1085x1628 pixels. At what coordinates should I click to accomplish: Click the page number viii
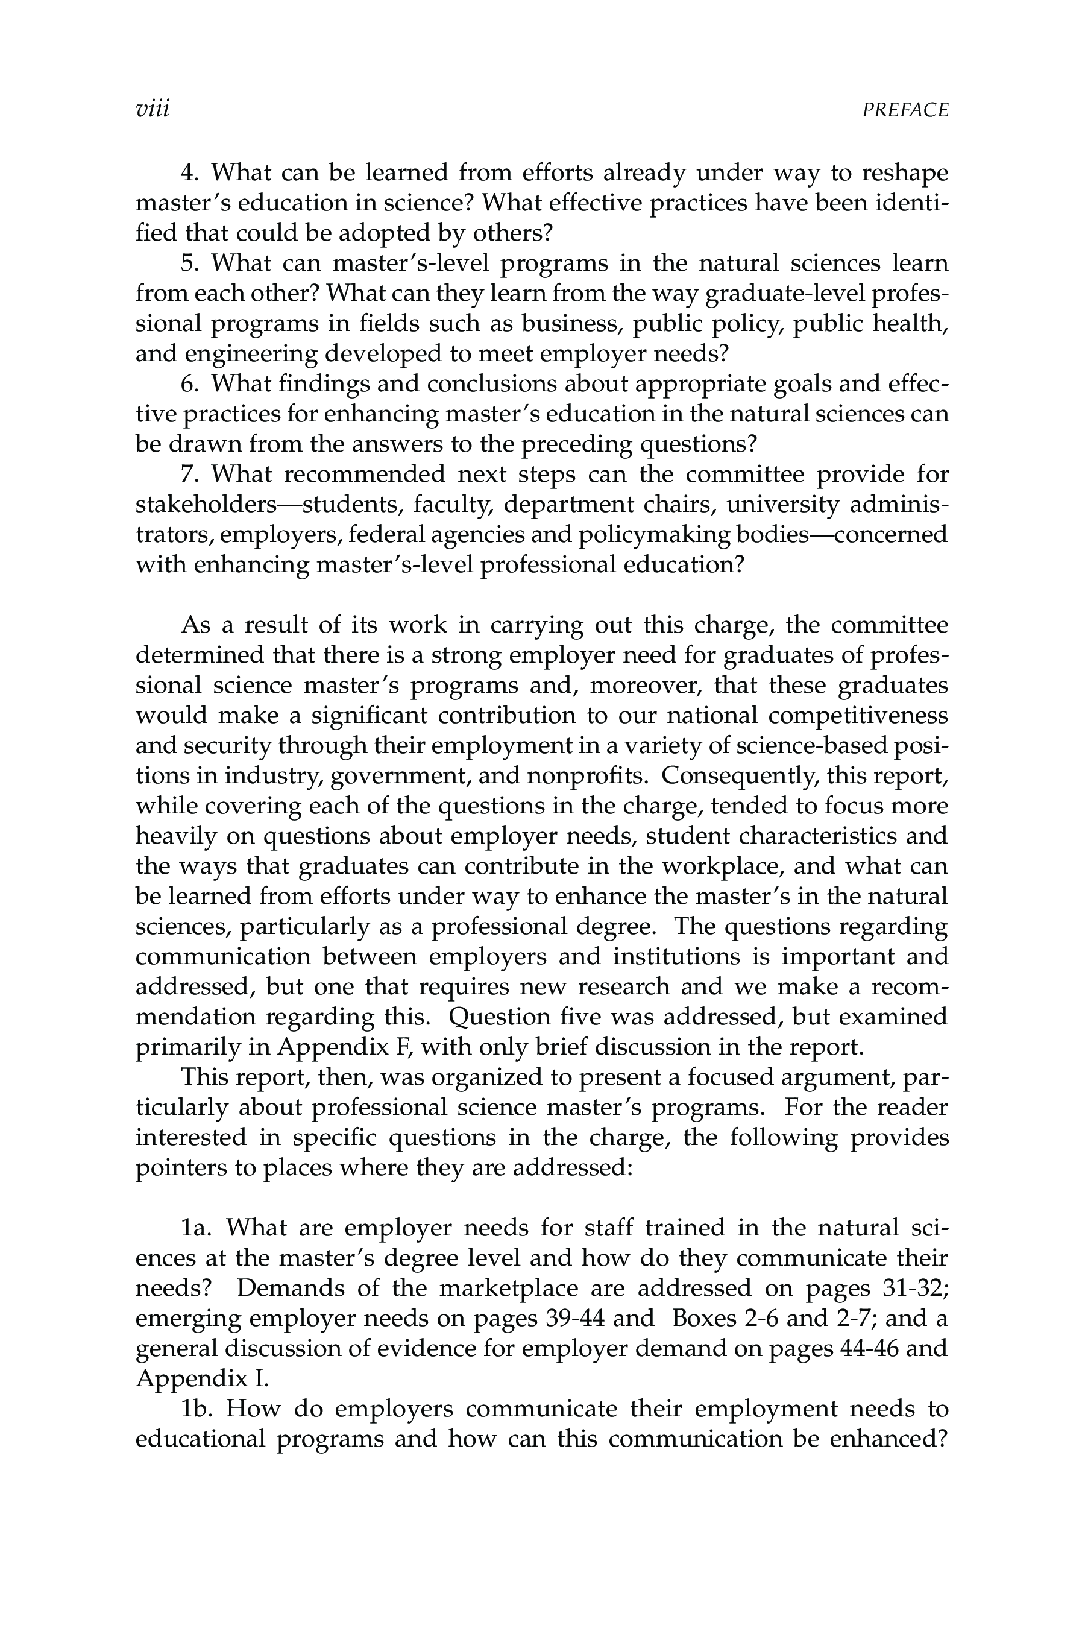coord(153,109)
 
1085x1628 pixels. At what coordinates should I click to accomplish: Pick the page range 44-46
coord(865,1348)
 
